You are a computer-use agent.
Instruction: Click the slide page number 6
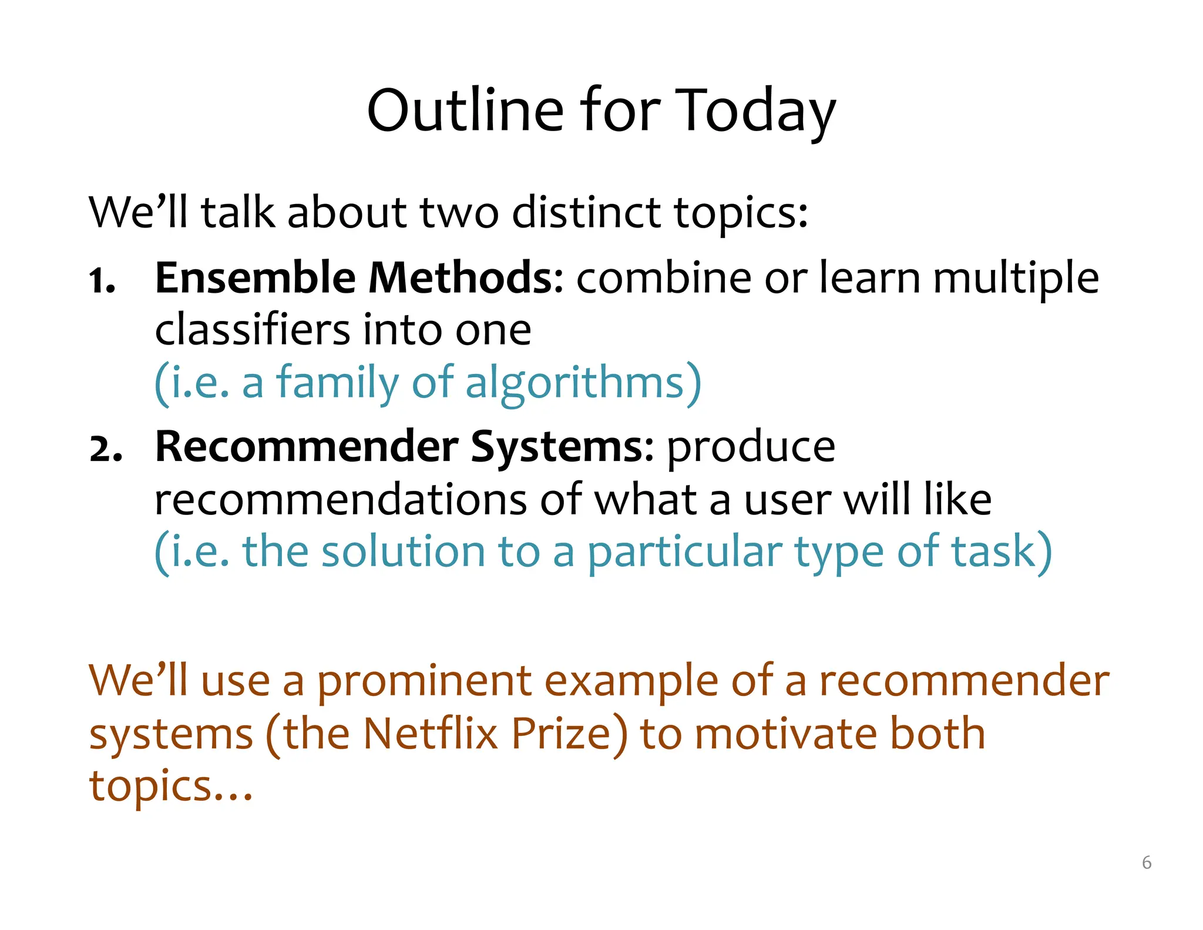coord(1147,862)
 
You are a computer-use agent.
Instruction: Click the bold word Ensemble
coord(255,277)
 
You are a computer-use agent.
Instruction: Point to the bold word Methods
coord(465,277)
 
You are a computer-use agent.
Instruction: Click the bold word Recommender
coord(306,447)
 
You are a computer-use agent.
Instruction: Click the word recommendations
coord(340,500)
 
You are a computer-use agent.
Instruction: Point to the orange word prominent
coord(424,682)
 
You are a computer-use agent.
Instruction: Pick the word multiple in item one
coord(1016,279)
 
